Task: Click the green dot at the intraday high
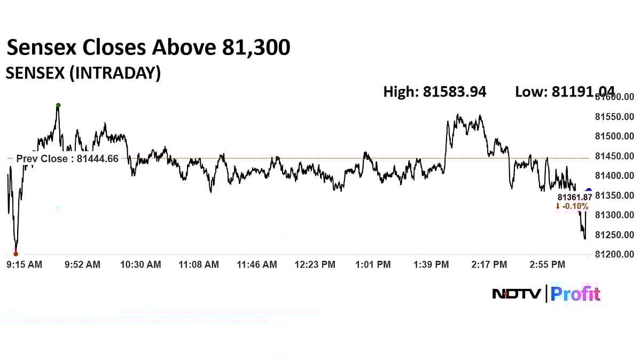pos(58,105)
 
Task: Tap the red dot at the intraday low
pos(15,254)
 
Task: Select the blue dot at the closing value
pos(589,191)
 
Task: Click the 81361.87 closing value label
pos(575,197)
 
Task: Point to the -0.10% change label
pos(572,206)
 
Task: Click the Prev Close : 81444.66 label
pos(67,159)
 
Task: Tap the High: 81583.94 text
pos(435,92)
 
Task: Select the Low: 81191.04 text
pos(565,92)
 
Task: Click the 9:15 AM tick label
pos(24,264)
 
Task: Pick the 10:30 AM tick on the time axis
pos(141,264)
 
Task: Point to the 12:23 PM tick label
pos(315,264)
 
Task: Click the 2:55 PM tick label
pos(547,264)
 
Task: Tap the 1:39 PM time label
pos(431,264)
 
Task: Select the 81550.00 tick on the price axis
pos(614,117)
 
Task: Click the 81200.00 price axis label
pos(614,254)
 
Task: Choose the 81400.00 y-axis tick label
pos(614,176)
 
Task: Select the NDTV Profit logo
pos(546,294)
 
